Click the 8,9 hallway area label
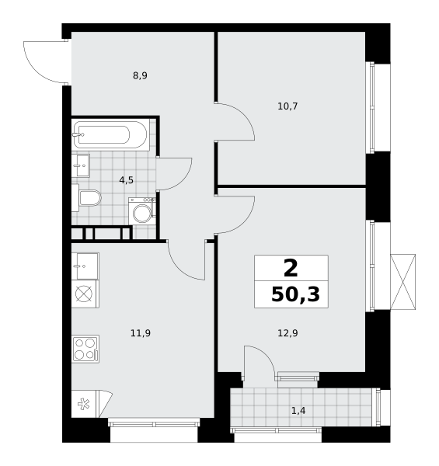click(x=140, y=76)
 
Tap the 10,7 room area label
click(x=287, y=106)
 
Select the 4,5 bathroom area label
click(x=127, y=180)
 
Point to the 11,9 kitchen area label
click(x=141, y=333)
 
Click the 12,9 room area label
click(x=287, y=333)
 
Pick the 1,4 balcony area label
click(x=298, y=411)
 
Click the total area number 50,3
click(x=295, y=295)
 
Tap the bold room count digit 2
click(x=291, y=268)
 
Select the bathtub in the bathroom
click(x=110, y=134)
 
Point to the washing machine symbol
click(x=142, y=211)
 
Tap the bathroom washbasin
click(x=81, y=165)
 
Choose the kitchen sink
click(x=85, y=266)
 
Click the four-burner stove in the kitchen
click(x=85, y=349)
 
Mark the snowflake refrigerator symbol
click(x=83, y=404)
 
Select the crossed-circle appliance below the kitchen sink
click(x=84, y=294)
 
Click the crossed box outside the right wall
click(x=402, y=282)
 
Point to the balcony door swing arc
click(x=266, y=354)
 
